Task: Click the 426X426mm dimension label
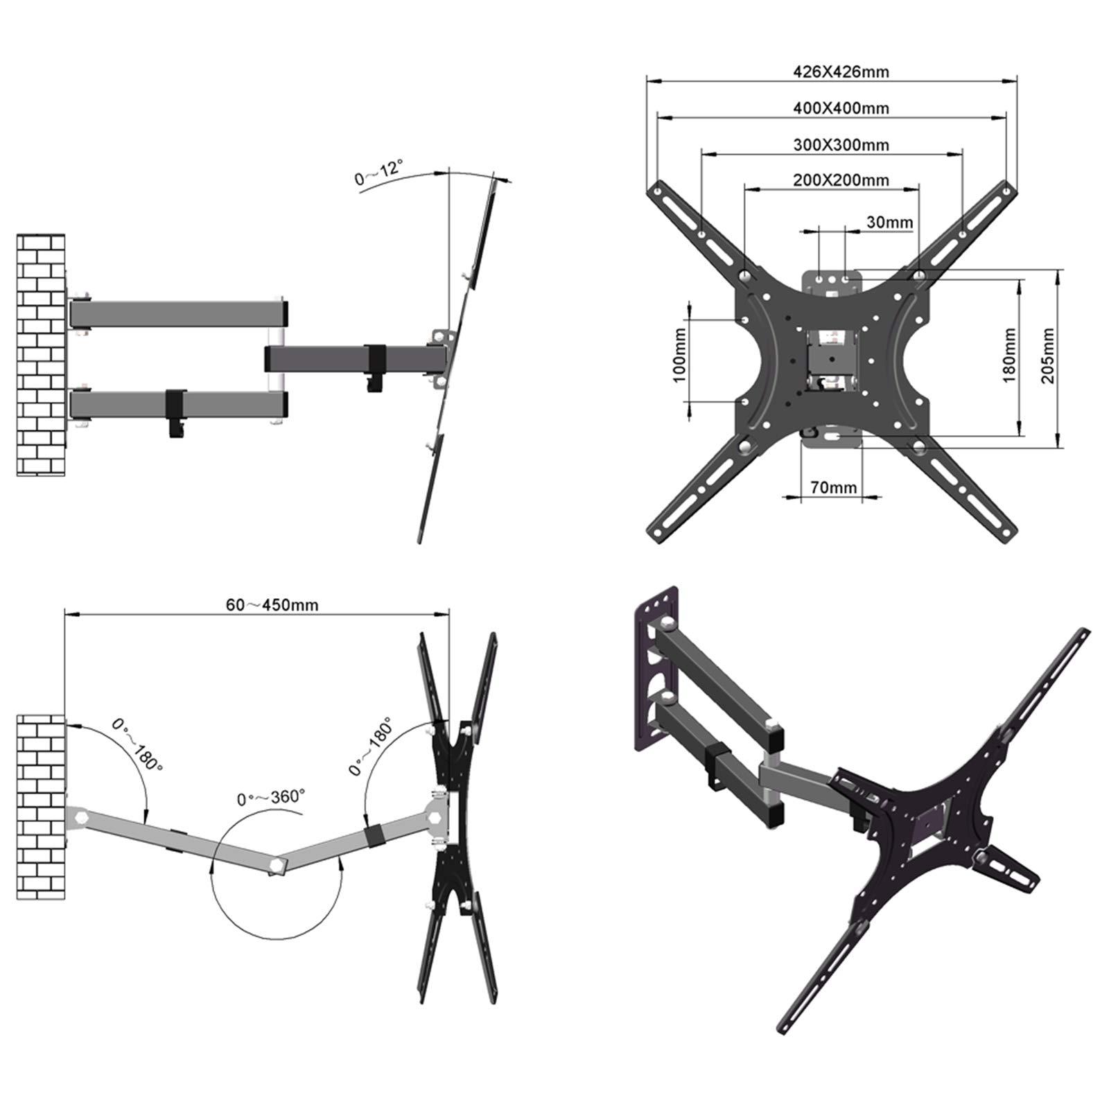tap(840, 71)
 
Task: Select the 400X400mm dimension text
tap(840, 108)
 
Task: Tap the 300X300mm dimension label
tap(840, 145)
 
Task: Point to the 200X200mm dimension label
tap(840, 180)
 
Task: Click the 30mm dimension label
tap(889, 222)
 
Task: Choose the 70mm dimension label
tap(833, 487)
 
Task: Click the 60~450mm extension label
tap(272, 605)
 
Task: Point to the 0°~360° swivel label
tap(270, 797)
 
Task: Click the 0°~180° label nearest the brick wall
tap(138, 746)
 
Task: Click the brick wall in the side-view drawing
tap(41, 355)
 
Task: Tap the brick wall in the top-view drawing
tap(41, 807)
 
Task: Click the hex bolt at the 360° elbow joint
tap(278, 865)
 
